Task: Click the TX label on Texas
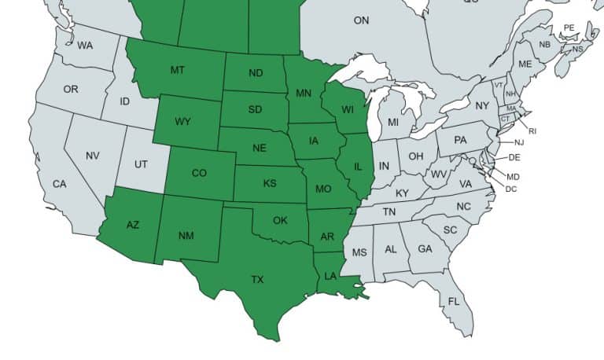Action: coord(257,280)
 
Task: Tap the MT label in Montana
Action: coord(178,71)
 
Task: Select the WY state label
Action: coord(182,122)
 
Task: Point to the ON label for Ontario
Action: coord(361,20)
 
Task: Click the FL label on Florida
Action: coord(454,302)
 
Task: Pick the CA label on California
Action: coord(60,184)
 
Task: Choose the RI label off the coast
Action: coord(532,130)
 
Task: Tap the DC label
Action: coord(511,189)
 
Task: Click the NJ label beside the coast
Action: coord(519,142)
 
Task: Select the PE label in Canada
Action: coord(569,28)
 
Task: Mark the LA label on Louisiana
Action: coord(331,276)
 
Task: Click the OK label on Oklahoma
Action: coord(280,220)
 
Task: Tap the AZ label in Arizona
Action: coord(133,225)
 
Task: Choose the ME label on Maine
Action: coord(525,64)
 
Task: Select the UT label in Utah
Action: coord(141,164)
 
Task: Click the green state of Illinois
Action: coord(357,167)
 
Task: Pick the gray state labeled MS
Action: coord(359,252)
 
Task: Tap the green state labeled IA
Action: coord(314,141)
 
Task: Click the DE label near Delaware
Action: coord(514,157)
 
